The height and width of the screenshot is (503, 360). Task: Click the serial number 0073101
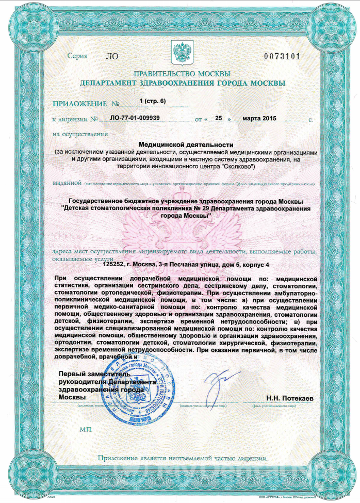282,56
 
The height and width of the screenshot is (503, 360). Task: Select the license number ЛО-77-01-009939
135,118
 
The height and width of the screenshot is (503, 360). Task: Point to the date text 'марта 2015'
259,118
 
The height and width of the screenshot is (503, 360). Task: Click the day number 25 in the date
218,118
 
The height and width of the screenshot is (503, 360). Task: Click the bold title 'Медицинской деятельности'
186,145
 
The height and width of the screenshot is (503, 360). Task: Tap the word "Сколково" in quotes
235,167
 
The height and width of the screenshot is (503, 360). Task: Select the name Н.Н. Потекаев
290,398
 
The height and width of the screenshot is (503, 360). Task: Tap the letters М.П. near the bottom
86,429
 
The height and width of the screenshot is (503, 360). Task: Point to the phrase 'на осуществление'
80,134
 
